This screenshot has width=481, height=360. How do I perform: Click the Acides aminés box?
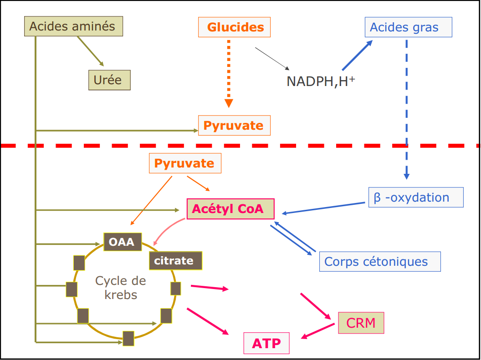[73, 26]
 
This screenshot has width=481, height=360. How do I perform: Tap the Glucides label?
[235, 27]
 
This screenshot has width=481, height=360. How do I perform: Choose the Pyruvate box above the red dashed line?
[234, 126]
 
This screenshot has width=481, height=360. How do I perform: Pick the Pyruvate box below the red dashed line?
[185, 163]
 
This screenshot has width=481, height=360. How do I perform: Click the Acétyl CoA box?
[230, 209]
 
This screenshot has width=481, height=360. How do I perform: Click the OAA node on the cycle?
[122, 242]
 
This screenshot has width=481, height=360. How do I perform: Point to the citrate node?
[175, 261]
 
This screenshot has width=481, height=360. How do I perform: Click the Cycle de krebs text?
[121, 288]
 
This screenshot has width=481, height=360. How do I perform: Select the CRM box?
[361, 323]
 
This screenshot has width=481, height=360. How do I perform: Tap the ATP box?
[266, 343]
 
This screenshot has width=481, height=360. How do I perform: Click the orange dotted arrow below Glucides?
[229, 73]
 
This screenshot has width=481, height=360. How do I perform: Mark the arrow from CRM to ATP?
[318, 332]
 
